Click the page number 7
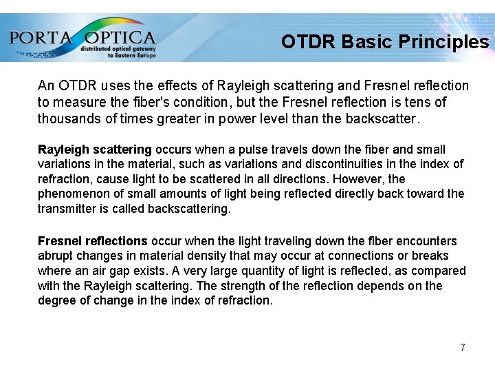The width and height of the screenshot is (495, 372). click(463, 347)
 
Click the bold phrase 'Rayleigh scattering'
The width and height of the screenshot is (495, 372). click(95, 149)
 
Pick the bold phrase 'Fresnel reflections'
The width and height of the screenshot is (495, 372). click(93, 241)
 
